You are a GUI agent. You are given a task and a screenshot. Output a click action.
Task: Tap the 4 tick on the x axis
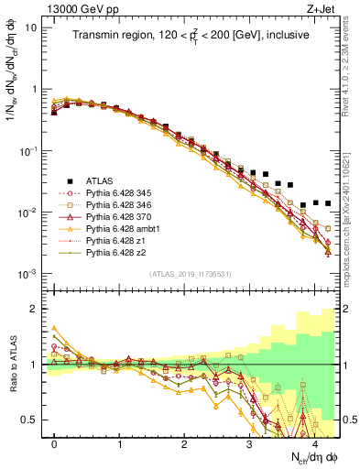[314, 442]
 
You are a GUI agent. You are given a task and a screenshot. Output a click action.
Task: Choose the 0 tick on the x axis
[54, 442]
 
